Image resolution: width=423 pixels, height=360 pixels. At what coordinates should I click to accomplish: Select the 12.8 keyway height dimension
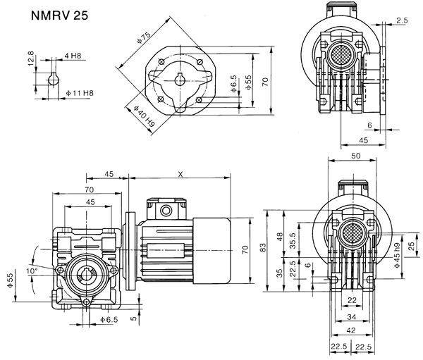(x=30, y=57)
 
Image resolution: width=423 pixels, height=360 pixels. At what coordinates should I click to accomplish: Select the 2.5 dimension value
(x=402, y=22)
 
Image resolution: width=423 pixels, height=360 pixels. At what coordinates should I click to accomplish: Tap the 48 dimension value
(x=281, y=237)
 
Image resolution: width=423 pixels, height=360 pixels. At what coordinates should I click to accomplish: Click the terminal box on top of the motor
(x=164, y=210)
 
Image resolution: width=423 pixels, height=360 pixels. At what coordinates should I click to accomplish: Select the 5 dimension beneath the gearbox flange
(x=133, y=318)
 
